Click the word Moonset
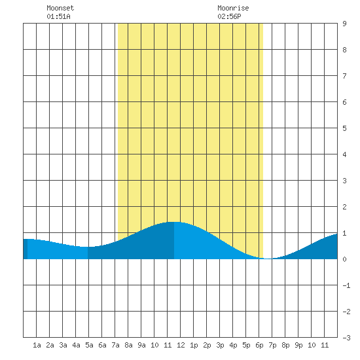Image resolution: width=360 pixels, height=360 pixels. [x=60, y=8]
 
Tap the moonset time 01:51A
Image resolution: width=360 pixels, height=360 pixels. [x=58, y=16]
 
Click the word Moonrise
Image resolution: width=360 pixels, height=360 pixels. [x=233, y=8]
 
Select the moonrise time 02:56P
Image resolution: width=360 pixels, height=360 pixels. [x=229, y=16]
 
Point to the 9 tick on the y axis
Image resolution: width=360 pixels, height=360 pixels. [x=344, y=24]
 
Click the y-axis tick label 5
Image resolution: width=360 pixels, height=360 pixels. [x=344, y=128]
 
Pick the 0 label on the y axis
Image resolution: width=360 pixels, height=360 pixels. [x=344, y=259]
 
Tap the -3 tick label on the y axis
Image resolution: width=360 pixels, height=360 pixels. [x=346, y=338]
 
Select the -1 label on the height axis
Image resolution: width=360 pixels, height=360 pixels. [x=346, y=285]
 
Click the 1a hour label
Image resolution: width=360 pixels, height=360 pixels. [x=37, y=345]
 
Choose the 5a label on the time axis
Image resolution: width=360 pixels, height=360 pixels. [x=89, y=345]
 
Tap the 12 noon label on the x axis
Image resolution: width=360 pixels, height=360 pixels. [x=181, y=345]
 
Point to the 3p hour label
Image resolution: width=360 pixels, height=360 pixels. [x=220, y=345]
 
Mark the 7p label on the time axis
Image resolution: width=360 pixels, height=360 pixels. [x=272, y=345]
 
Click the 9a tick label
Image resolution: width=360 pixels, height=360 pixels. [x=141, y=345]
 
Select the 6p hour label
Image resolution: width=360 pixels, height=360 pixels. [x=259, y=345]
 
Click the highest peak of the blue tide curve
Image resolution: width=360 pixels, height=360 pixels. [x=174, y=222]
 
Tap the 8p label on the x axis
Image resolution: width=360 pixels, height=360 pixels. [x=285, y=345]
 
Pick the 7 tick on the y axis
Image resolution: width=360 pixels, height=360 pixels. [x=344, y=76]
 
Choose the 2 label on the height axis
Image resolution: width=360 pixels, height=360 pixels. [x=344, y=207]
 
